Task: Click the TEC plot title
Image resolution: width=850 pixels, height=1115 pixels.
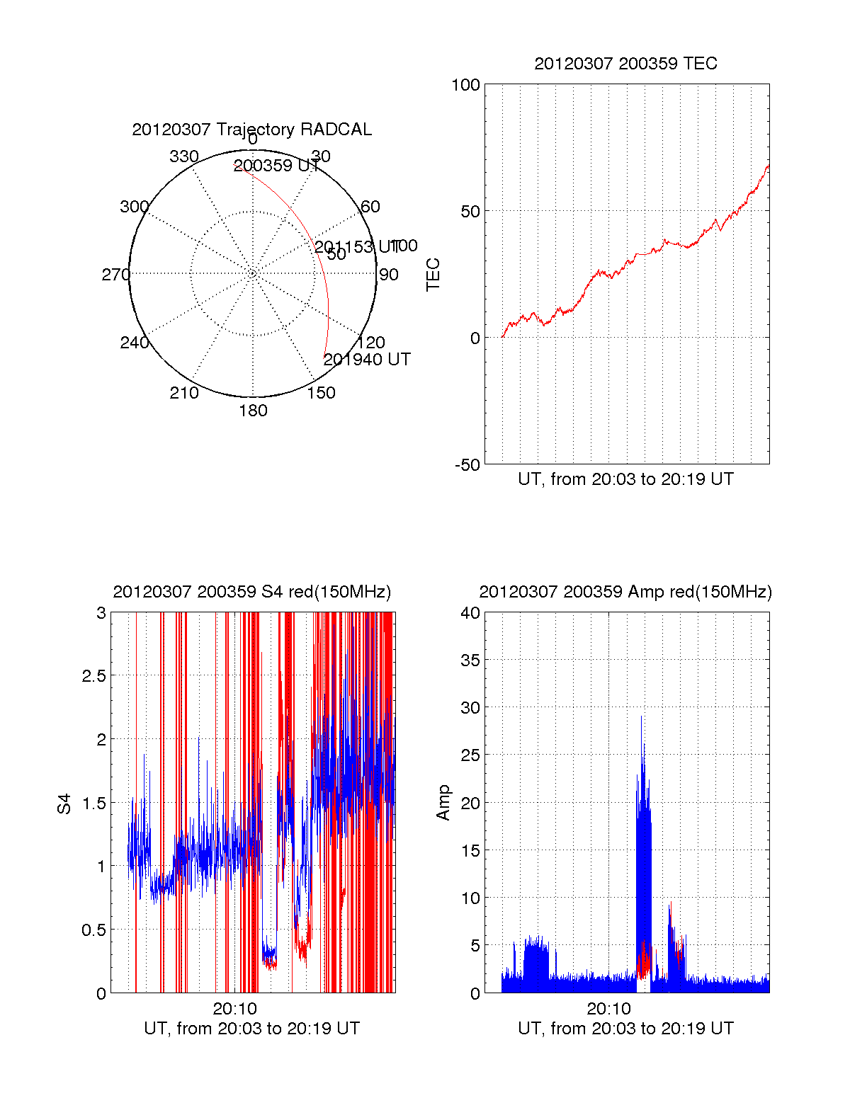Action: (625, 64)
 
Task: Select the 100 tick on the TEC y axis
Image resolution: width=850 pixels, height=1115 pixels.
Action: (465, 85)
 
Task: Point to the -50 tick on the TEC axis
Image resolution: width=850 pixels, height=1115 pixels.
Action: (467, 465)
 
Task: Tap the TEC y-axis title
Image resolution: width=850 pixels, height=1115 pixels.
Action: (433, 275)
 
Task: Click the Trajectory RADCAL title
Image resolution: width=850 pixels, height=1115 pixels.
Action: (251, 130)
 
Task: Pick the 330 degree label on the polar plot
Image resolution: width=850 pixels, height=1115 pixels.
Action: (183, 156)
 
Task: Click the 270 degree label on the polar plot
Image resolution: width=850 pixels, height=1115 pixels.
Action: (115, 275)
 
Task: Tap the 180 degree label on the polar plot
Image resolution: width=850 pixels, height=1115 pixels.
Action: (253, 411)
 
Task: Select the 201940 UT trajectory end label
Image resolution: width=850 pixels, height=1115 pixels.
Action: (367, 360)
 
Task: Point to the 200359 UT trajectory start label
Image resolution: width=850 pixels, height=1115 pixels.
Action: (276, 166)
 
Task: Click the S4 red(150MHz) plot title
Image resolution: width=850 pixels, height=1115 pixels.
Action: (251, 592)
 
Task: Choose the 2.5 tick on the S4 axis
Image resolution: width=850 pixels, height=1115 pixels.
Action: (93, 676)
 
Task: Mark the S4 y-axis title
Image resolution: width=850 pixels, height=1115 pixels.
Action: (64, 804)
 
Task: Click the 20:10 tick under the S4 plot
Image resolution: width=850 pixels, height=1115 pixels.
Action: (234, 1009)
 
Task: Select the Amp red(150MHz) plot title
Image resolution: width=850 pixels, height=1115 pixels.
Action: (625, 592)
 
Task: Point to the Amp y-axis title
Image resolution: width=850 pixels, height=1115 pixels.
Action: (443, 803)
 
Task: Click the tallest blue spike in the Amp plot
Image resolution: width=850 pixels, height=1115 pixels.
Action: (642, 719)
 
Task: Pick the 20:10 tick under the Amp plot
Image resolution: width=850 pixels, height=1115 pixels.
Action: (608, 1009)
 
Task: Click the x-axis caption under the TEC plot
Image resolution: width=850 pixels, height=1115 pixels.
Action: (625, 479)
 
